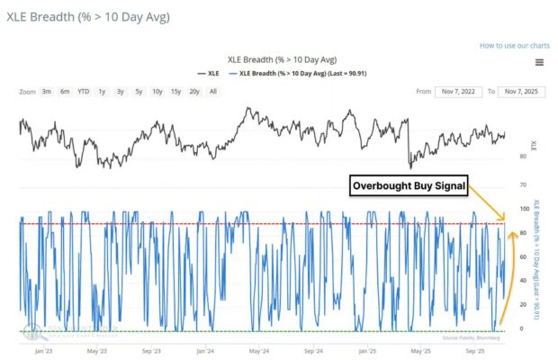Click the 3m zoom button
click(46, 92)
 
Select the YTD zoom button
click(83, 92)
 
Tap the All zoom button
click(212, 92)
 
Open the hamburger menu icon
click(538, 62)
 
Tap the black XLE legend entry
click(208, 73)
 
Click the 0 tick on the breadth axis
click(523, 329)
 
